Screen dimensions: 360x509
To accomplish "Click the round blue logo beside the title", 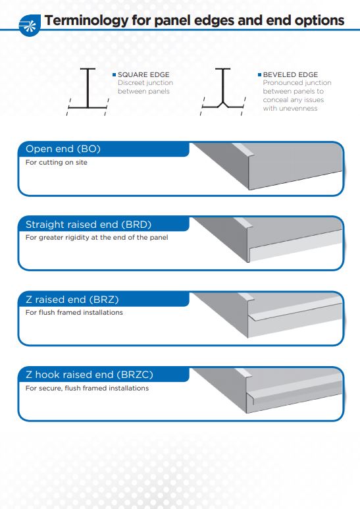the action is pyautogui.click(x=30, y=25).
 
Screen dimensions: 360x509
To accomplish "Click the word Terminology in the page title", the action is pyautogui.click(x=86, y=20).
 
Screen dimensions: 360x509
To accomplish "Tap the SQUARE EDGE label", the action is pyautogui.click(x=143, y=74).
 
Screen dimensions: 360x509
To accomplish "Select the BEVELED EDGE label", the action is pyautogui.click(x=290, y=74).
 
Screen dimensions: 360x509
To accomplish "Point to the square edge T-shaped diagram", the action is pyautogui.click(x=88, y=92).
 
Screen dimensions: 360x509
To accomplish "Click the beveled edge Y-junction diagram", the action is pyautogui.click(x=223, y=92).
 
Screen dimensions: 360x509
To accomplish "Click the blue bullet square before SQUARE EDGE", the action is pyautogui.click(x=114, y=74).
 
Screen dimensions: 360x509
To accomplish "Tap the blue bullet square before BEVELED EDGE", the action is pyautogui.click(x=259, y=74).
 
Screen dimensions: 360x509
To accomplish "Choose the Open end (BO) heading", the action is pyautogui.click(x=63, y=149).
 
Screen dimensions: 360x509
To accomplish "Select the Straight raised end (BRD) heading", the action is pyautogui.click(x=89, y=225).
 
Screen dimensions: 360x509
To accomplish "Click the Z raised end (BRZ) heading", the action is pyautogui.click(x=72, y=300).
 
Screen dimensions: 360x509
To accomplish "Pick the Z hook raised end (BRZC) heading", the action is pyautogui.click(x=90, y=375).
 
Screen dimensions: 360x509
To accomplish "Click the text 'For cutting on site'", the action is pyautogui.click(x=57, y=162).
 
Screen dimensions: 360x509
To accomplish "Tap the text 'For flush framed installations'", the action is pyautogui.click(x=74, y=312).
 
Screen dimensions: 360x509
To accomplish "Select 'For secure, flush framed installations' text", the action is pyautogui.click(x=88, y=388).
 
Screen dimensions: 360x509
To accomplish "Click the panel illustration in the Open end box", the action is pyautogui.click(x=268, y=166).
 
